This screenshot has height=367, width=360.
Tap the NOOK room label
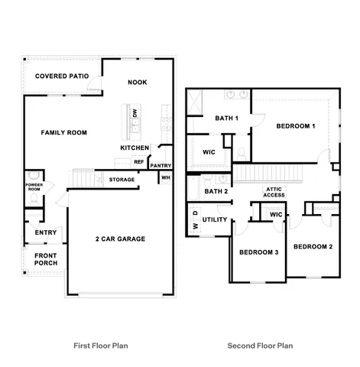click(138, 82)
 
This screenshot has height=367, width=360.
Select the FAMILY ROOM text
click(64, 132)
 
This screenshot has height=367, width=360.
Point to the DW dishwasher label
click(135, 113)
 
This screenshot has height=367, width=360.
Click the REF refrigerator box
click(139, 161)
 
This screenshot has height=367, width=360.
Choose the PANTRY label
click(161, 165)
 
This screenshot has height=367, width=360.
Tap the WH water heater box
click(165, 177)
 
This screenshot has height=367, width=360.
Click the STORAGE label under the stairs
click(122, 180)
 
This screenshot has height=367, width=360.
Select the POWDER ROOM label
click(34, 187)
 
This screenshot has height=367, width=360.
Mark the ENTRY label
click(46, 232)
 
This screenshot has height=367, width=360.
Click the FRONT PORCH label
click(46, 258)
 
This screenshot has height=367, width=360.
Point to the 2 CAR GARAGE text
click(120, 239)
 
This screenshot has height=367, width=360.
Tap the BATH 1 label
click(226, 118)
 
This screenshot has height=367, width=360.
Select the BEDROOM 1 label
click(296, 125)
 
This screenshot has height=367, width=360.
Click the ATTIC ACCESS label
click(274, 192)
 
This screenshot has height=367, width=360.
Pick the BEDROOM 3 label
click(258, 252)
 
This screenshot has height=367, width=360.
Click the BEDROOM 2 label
click(313, 246)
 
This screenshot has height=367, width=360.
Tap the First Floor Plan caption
click(100, 346)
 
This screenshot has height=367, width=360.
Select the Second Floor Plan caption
click(260, 346)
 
